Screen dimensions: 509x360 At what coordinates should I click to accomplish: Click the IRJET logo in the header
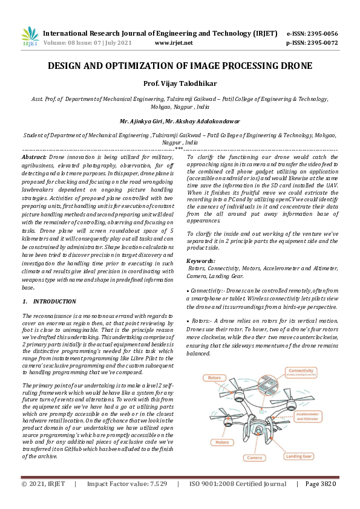pos(30,37)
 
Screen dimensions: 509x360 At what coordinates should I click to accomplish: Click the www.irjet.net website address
pos(174,43)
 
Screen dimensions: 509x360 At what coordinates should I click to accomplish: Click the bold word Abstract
pos(34,156)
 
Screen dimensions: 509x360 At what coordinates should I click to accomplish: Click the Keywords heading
pos(205,260)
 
